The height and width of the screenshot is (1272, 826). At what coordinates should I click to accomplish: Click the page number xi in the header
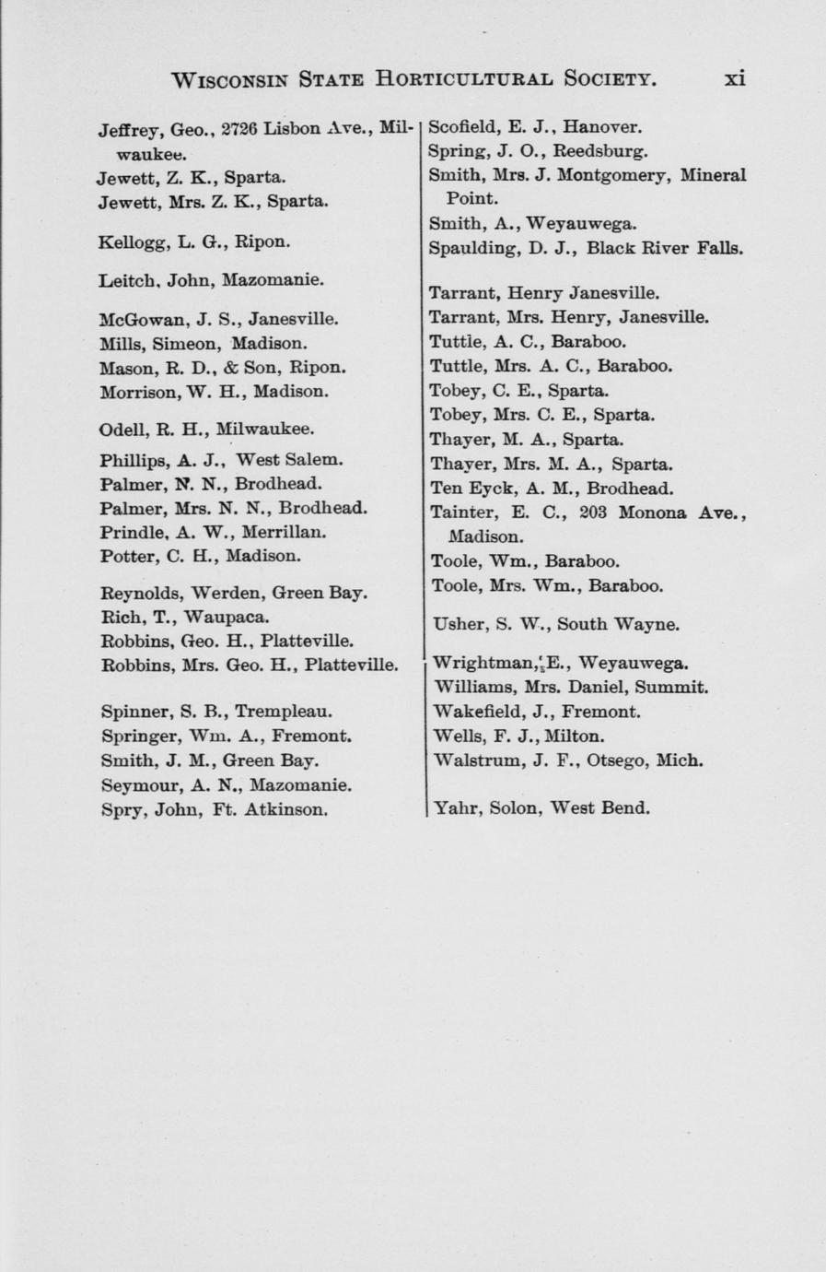(x=734, y=79)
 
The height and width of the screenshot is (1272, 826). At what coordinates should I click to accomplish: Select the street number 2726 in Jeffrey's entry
(x=238, y=128)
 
